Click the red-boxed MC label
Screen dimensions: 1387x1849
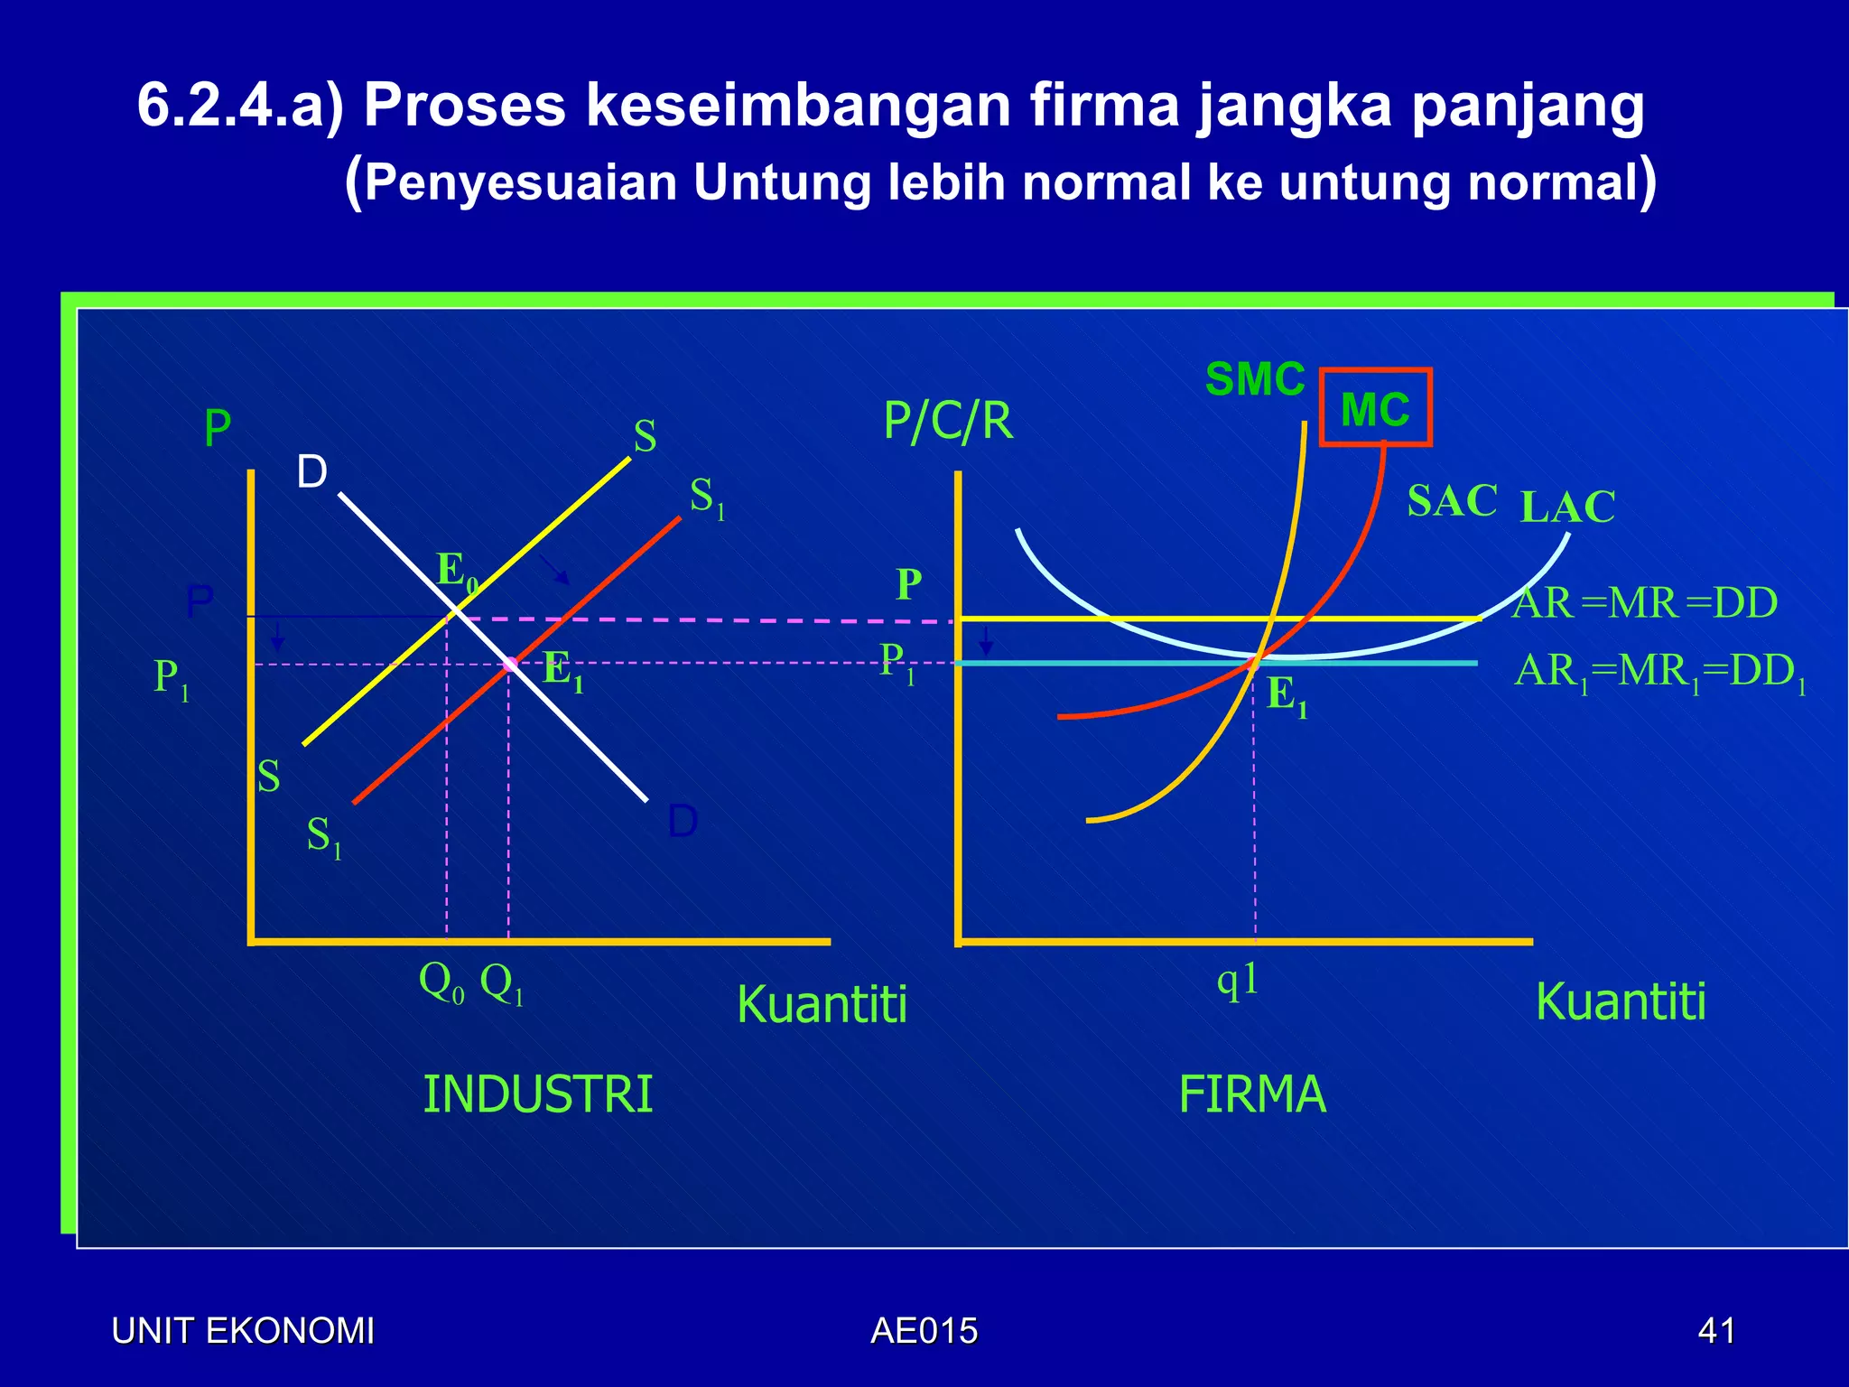coord(1375,408)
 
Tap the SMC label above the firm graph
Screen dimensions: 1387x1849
coord(1255,379)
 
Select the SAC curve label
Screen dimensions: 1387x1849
coord(1452,500)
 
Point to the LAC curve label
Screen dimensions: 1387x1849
coord(1567,507)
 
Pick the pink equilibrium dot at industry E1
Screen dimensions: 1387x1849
coord(510,665)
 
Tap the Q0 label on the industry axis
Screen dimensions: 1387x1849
coord(441,982)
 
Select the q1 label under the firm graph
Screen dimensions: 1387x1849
coord(1238,980)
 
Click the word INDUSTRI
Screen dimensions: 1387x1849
coord(537,1094)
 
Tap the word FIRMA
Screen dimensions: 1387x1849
coord(1252,1094)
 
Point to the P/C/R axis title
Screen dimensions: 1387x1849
coord(948,421)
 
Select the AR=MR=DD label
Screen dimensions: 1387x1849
coord(1644,603)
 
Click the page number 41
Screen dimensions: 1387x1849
coord(1716,1331)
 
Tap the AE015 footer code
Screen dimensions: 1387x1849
coord(924,1331)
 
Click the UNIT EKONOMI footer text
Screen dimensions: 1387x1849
coord(243,1331)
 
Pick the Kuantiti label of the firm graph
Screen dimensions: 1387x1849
coord(1621,1002)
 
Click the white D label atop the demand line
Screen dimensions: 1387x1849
coord(312,471)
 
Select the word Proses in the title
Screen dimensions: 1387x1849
coord(464,106)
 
